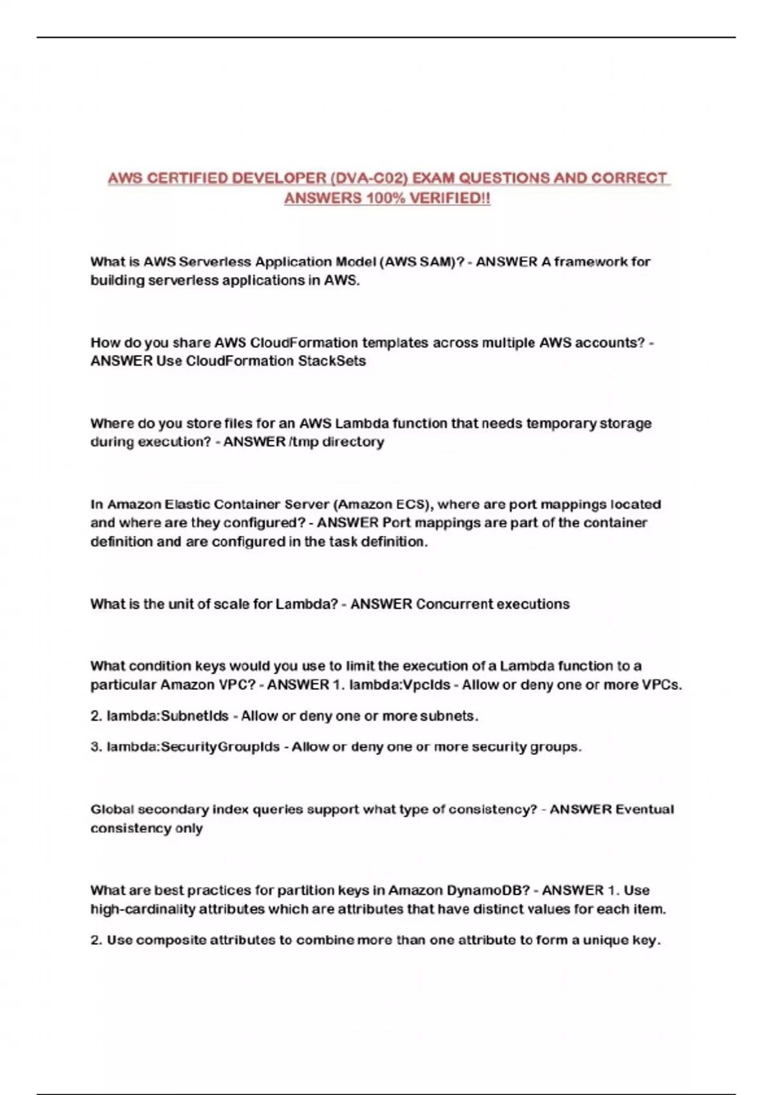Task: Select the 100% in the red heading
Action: pyautogui.click(x=385, y=198)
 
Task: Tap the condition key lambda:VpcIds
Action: pyautogui.click(x=399, y=685)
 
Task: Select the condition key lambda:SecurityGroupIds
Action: pyautogui.click(x=193, y=747)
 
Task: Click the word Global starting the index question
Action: pyautogui.click(x=111, y=810)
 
